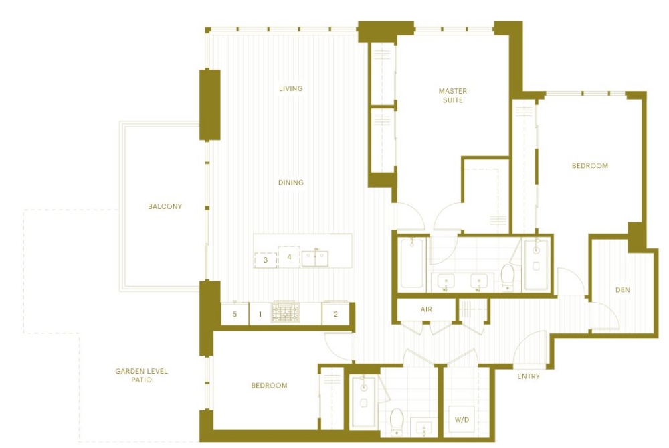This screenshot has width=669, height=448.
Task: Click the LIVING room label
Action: point(290,88)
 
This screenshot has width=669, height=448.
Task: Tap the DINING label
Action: point(290,182)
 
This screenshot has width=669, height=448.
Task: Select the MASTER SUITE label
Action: point(453,95)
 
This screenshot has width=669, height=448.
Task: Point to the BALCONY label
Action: point(165,206)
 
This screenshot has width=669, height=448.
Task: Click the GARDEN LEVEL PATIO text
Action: point(141,376)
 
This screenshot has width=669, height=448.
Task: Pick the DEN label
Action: point(622,289)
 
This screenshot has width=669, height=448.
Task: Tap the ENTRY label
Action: point(529,376)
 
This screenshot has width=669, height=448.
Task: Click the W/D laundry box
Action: point(462,419)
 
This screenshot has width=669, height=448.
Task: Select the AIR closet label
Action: point(426,309)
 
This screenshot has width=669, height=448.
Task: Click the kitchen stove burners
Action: point(286,313)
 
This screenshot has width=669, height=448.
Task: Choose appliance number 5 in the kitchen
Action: point(235,314)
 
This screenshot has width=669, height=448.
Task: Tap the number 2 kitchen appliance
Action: point(336,314)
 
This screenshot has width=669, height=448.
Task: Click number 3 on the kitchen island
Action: point(266,260)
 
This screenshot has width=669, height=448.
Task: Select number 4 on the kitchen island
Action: point(289,256)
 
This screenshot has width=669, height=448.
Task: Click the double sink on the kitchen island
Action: point(315,258)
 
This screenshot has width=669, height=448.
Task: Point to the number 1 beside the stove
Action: point(260,314)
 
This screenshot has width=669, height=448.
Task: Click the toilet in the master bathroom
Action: point(508,276)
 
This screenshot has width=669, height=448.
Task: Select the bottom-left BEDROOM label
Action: point(269,385)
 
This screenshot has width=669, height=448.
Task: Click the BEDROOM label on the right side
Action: point(589,165)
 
